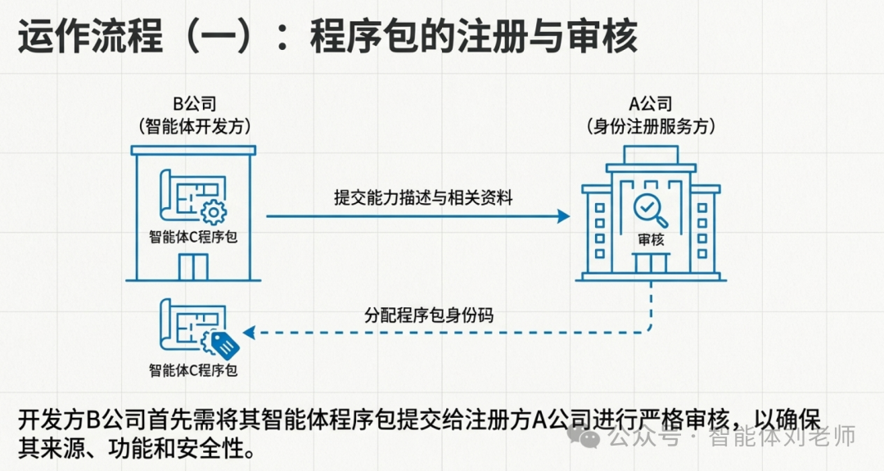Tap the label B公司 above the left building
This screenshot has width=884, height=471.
(x=194, y=105)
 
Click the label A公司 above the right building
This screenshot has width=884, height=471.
(x=650, y=105)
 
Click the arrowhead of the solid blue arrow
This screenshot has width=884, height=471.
(x=563, y=216)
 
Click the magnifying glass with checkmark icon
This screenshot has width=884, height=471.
(x=652, y=210)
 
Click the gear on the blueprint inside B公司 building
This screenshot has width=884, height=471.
(x=213, y=212)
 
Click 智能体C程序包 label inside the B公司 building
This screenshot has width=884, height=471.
(x=193, y=238)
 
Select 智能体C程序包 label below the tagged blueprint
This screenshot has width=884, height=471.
(x=193, y=370)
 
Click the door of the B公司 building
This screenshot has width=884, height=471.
(x=194, y=266)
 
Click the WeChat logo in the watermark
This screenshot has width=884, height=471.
(x=590, y=437)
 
